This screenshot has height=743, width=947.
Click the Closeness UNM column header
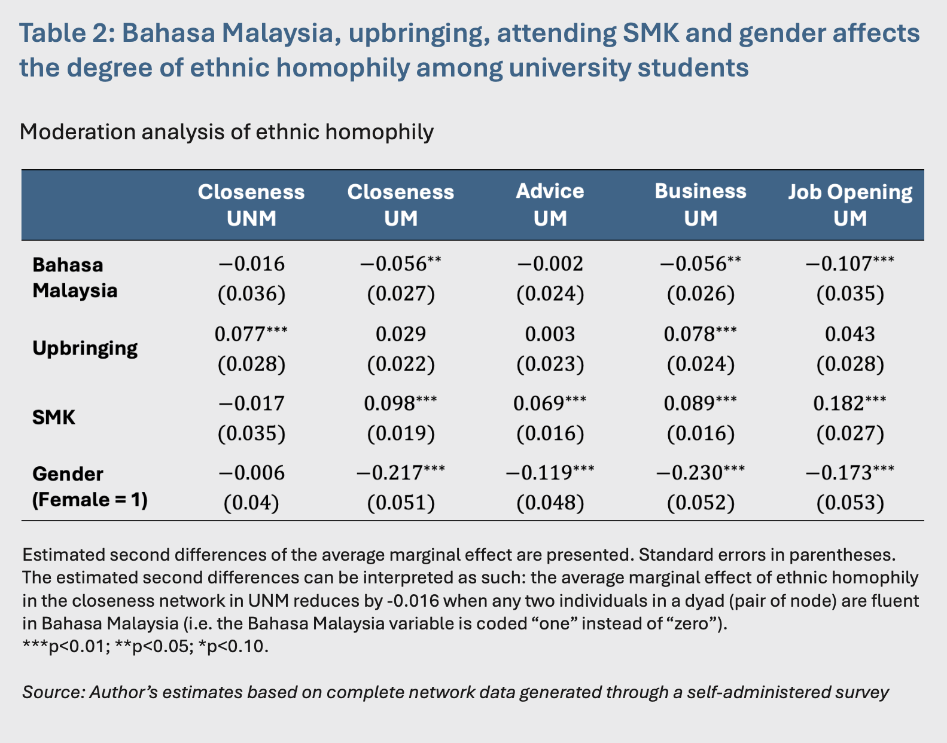[x=251, y=205]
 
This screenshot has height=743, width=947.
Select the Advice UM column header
[x=550, y=205]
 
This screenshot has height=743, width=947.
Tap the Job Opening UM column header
[x=850, y=205]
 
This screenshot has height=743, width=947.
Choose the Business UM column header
[x=701, y=205]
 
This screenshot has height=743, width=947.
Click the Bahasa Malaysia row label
[x=75, y=278]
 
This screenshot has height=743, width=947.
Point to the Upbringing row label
[x=85, y=348]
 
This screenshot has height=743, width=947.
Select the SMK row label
[x=54, y=417]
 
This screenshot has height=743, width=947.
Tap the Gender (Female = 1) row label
[x=90, y=487]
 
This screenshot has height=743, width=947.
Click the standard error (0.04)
[x=251, y=503]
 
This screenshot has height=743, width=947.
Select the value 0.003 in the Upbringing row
[x=550, y=334]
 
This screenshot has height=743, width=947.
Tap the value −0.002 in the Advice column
[x=550, y=264]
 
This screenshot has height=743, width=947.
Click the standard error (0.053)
[x=850, y=503]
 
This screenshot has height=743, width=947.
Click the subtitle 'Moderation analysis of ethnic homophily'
[x=227, y=132]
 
